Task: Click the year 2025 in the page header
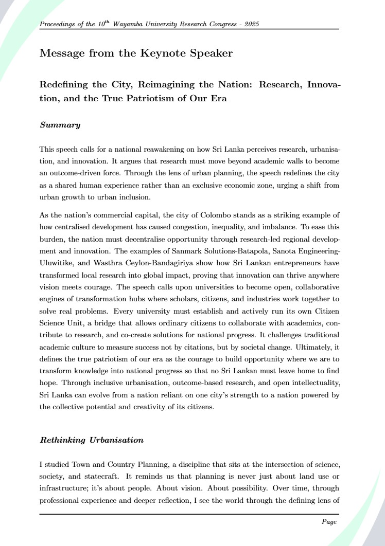click(257, 25)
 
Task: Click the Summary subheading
click(60, 125)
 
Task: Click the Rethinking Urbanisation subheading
click(92, 440)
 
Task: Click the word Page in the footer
click(329, 521)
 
